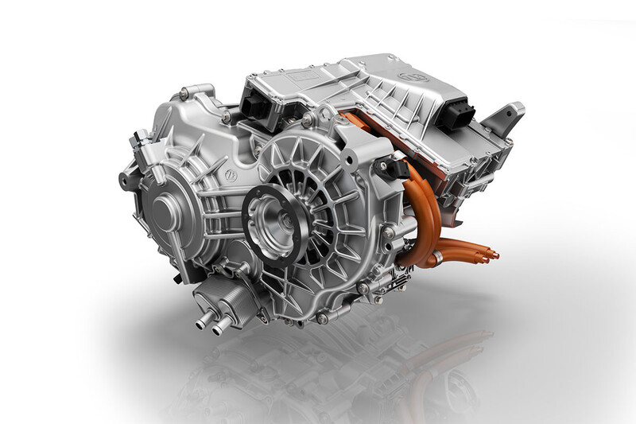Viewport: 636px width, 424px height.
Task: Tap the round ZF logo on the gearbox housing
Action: [231, 174]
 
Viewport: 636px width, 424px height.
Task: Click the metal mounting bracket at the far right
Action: [506, 117]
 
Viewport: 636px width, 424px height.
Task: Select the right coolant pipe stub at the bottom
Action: [221, 324]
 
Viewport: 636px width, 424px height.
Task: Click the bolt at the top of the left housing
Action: [184, 95]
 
